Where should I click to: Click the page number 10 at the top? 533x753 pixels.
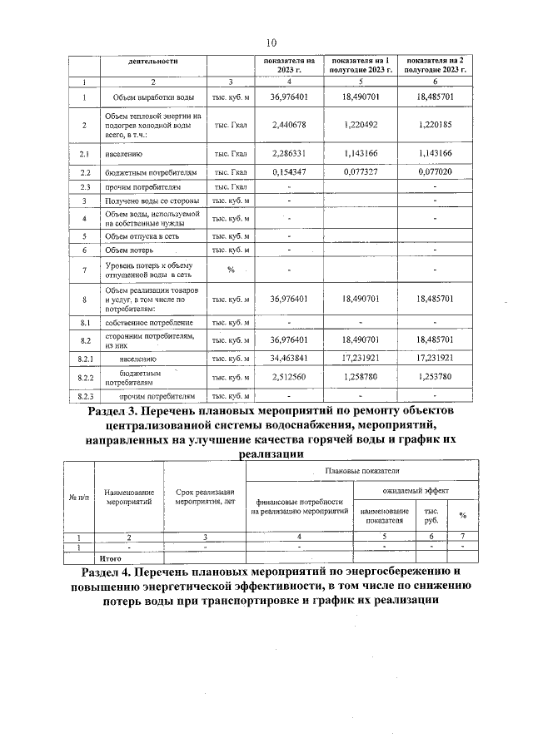pyautogui.click(x=271, y=43)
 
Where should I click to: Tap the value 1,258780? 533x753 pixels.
pyautogui.click(x=361, y=377)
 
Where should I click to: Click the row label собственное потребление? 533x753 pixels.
pyautogui.click(x=149, y=322)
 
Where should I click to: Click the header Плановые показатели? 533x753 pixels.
pyautogui.click(x=360, y=471)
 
